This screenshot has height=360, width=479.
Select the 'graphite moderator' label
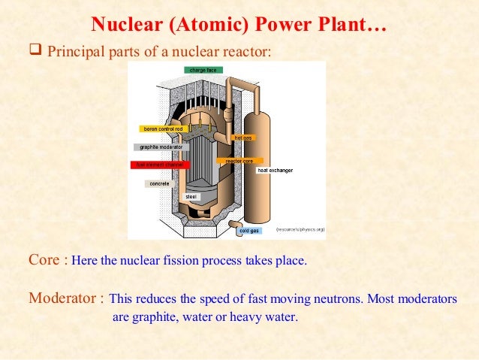(x=161, y=147)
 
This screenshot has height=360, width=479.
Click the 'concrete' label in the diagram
(x=159, y=183)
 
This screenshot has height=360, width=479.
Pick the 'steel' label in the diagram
(x=191, y=196)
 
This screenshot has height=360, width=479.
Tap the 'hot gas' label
(x=243, y=138)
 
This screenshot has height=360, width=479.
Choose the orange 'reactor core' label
(x=239, y=161)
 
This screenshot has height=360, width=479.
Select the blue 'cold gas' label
(x=249, y=231)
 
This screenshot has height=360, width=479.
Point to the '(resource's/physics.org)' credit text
(x=300, y=228)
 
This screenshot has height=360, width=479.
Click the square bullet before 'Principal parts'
(x=35, y=51)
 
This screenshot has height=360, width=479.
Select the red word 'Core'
(x=44, y=261)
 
